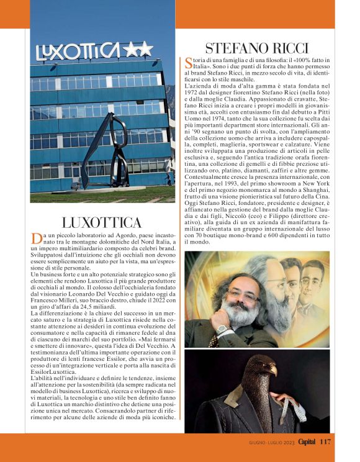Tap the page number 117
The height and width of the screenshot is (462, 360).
coord(326,442)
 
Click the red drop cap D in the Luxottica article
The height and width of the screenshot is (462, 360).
coord(35,237)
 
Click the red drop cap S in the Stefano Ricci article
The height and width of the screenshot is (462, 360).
coord(189,62)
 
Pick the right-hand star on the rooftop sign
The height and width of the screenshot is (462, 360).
coord(145,47)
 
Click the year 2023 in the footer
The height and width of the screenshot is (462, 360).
coord(284,443)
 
